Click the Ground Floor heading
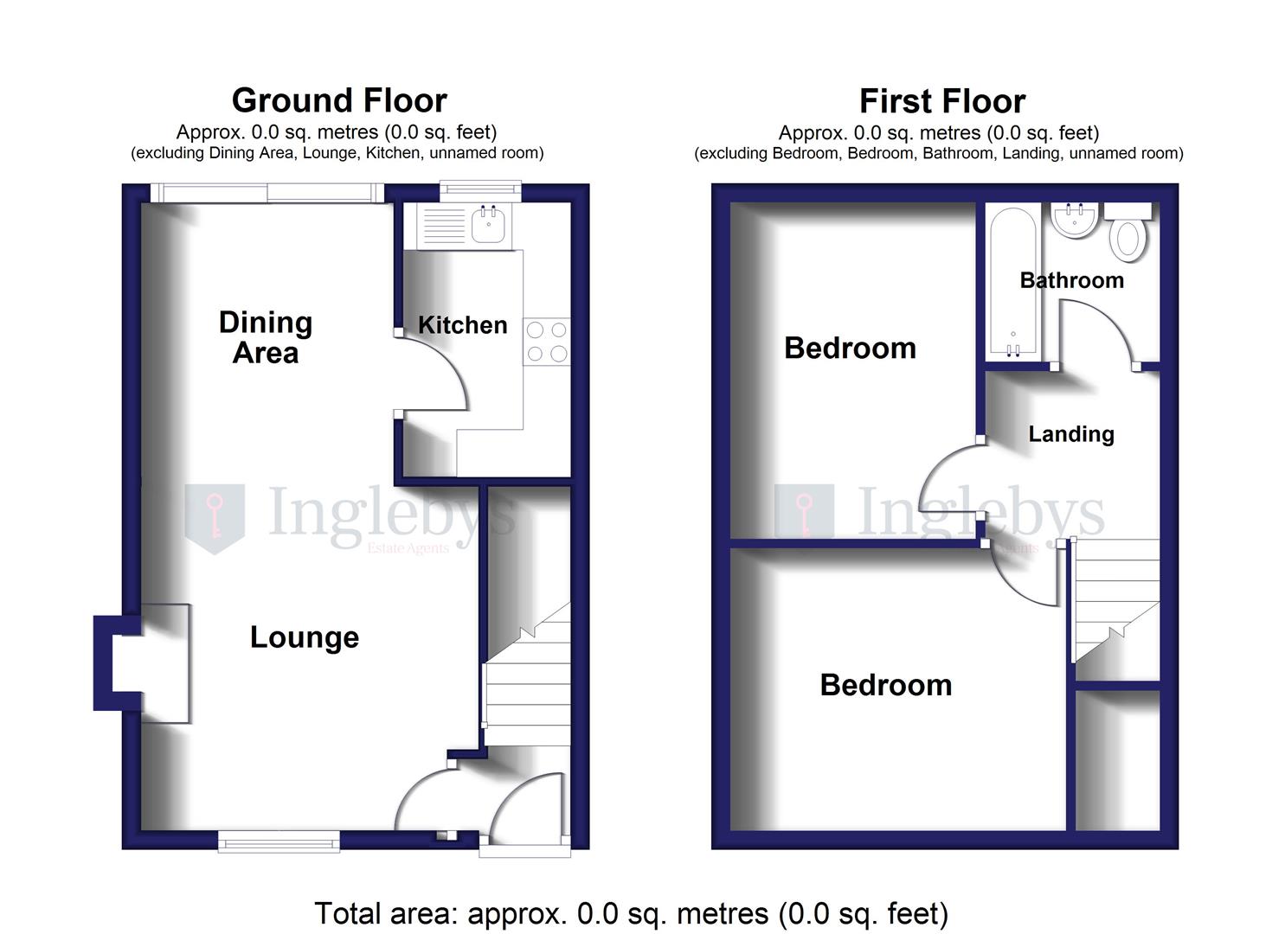point(339,101)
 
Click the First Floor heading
point(941,102)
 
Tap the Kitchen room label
point(462,325)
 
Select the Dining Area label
point(265,337)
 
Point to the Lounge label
point(304,637)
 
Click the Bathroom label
point(1071,280)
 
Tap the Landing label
point(1070,434)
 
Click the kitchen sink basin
point(489,227)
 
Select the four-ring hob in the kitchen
point(547,342)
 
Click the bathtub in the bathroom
point(1012,281)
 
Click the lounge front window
point(278,840)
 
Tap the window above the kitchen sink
point(480,191)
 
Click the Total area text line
point(631,913)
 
